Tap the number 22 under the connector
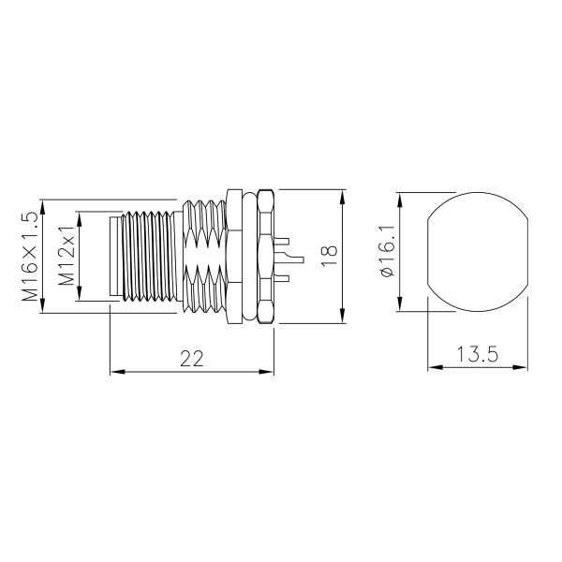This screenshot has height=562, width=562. point(191,357)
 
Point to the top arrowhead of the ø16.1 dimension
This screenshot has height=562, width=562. point(401,199)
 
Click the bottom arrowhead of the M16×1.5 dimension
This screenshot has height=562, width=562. point(43,310)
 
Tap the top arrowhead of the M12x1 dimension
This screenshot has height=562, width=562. point(80,216)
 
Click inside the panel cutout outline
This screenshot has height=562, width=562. point(476,253)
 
